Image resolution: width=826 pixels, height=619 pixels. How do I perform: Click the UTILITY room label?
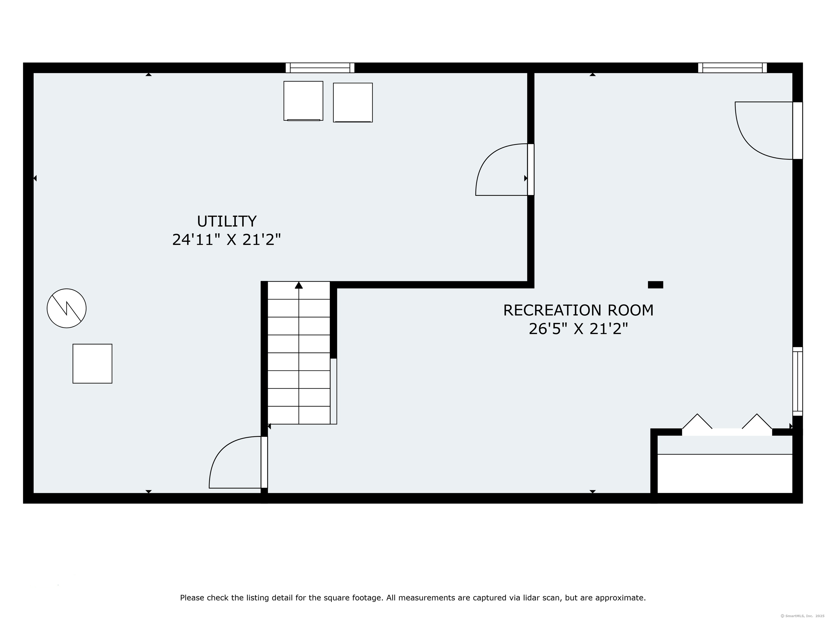tap(227, 221)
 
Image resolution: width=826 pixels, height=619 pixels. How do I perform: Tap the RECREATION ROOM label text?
tap(578, 310)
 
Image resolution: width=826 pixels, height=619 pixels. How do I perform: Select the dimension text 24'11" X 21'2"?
tap(226, 240)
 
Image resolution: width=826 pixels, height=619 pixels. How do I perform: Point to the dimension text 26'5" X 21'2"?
tap(578, 329)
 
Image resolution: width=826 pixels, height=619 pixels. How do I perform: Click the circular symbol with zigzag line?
tap(66, 308)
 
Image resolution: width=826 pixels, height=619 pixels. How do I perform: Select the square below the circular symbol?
tap(92, 364)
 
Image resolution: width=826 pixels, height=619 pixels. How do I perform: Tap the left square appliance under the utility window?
tap(303, 101)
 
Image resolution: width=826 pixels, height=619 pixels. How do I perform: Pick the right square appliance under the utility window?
tap(353, 102)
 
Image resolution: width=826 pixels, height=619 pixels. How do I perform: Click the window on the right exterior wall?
tap(797, 381)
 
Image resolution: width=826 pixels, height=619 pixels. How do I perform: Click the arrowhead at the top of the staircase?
tap(299, 285)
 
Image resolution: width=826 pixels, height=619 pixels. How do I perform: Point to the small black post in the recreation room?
tap(655, 285)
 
